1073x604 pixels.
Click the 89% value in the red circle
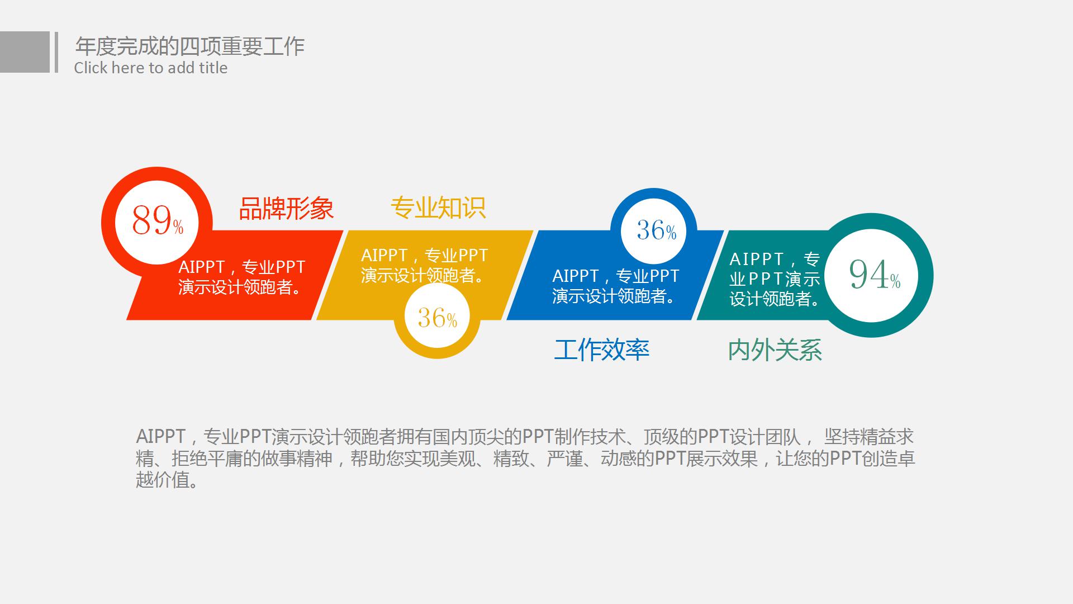157,220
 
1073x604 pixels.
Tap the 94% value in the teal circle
874,275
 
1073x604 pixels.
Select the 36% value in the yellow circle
437,318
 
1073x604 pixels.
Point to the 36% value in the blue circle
656,230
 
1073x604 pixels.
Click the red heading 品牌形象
286,209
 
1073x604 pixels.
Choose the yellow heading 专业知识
438,207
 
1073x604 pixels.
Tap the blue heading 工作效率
601,350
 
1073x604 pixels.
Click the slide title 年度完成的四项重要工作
189,46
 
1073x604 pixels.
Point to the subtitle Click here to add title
150,68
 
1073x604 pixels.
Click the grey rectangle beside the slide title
25,52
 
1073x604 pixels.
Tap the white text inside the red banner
241,277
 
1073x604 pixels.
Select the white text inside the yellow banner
424,265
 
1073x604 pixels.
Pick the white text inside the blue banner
615,286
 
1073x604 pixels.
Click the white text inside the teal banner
775,279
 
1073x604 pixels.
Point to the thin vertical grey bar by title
56,52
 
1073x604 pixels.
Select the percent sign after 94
895,281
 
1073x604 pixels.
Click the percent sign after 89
178,227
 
